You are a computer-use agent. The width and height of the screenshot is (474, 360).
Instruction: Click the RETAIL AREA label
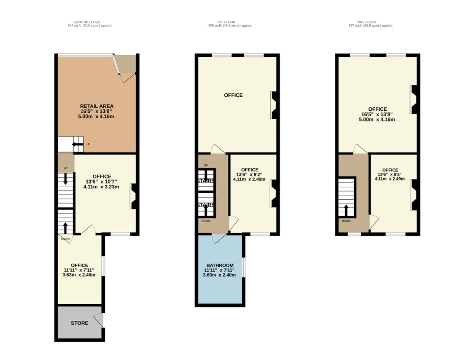[96, 106]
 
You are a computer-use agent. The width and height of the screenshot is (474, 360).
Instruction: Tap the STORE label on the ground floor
[79, 323]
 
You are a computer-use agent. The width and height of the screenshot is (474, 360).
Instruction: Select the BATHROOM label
[220, 265]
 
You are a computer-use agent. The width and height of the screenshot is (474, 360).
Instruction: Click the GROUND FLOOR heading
[87, 22]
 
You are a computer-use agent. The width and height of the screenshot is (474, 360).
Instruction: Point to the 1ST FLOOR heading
[226, 22]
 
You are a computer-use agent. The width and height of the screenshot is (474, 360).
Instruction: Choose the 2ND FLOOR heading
[367, 22]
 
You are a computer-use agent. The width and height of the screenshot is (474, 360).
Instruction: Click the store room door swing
[99, 320]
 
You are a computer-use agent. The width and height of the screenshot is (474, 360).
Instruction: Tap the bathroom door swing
[219, 239]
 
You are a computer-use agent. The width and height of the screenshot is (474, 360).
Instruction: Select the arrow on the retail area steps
[78, 144]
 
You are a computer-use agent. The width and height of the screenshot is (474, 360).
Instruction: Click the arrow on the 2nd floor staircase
[346, 210]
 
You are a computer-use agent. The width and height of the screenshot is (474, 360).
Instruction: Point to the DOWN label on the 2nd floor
[346, 221]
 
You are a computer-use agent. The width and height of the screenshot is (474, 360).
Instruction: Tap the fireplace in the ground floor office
[133, 196]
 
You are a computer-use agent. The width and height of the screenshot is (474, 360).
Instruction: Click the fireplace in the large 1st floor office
[274, 105]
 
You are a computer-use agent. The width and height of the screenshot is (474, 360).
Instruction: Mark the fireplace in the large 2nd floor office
[413, 100]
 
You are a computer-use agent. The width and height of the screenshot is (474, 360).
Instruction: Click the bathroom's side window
[243, 267]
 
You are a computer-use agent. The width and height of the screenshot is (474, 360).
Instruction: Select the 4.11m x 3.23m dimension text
[101, 186]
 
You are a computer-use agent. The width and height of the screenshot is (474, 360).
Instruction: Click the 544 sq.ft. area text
[90, 25]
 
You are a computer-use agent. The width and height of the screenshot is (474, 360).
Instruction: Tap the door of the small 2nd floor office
[374, 222]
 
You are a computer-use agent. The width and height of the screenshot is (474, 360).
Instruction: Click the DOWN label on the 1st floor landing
[206, 221]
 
